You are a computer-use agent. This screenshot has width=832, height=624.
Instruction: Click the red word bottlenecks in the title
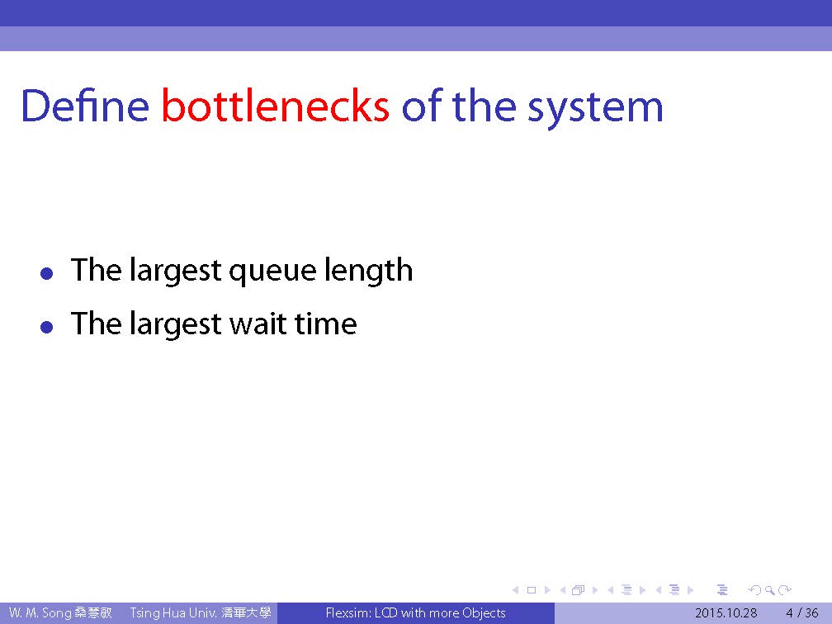(x=276, y=106)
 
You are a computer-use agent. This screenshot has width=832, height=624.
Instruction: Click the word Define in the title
(x=85, y=105)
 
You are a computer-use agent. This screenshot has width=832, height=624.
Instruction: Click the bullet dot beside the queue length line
(x=47, y=273)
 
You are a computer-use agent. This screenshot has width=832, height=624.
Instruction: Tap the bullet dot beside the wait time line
(x=47, y=326)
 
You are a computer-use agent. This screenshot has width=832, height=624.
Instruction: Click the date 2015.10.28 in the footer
(x=726, y=612)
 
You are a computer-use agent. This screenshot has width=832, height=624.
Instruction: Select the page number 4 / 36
(x=801, y=612)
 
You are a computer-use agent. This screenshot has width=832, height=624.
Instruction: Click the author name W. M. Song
(x=40, y=612)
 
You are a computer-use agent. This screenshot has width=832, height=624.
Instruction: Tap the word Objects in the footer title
(x=484, y=613)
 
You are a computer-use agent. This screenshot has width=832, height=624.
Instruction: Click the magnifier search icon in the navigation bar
(x=769, y=590)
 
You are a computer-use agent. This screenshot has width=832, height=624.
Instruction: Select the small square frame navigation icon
(x=532, y=590)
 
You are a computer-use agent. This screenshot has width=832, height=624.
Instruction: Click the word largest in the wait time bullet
(x=175, y=324)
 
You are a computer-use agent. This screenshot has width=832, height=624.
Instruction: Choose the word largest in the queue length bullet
(x=175, y=272)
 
